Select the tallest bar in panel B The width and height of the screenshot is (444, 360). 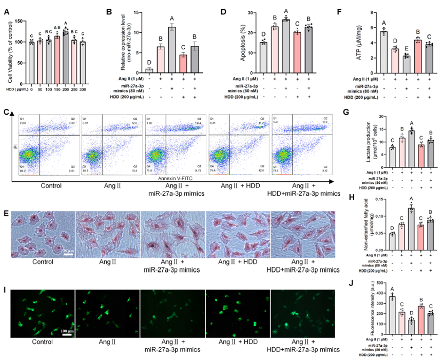click(173, 49)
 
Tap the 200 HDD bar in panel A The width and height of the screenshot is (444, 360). click(65, 51)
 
